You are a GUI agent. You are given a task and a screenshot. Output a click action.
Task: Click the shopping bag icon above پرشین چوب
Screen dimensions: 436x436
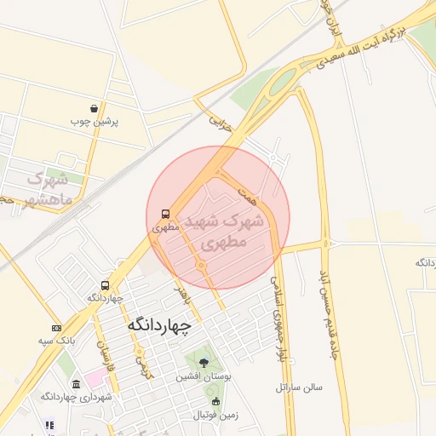coord(93,109)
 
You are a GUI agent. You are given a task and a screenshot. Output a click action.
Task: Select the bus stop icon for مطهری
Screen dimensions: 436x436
coord(164,214)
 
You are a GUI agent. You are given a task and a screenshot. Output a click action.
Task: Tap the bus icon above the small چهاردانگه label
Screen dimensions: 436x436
coord(105,285)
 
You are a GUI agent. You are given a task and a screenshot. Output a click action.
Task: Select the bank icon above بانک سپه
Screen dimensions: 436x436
coord(56,329)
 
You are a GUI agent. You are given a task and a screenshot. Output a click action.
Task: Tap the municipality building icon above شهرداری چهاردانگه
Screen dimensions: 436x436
coord(77,384)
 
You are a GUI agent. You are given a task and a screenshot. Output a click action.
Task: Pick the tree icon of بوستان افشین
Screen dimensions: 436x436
coord(203,363)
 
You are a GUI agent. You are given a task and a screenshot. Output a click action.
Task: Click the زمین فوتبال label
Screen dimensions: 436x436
coord(212,415)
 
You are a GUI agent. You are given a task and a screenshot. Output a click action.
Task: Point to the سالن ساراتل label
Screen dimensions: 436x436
coord(299,387)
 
